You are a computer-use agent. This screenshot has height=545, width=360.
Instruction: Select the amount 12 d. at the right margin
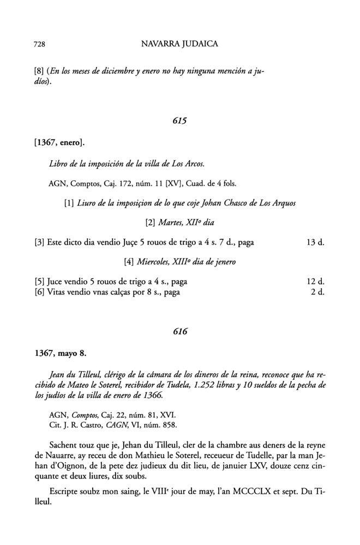316,282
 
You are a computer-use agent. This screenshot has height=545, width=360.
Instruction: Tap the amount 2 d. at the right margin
318,292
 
